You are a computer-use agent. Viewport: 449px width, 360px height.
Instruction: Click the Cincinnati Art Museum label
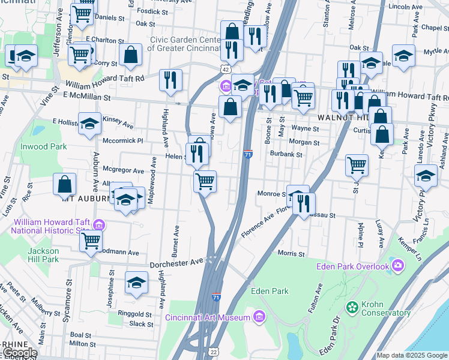coord(208,317)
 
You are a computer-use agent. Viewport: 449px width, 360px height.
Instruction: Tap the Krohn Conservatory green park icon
coord(352,308)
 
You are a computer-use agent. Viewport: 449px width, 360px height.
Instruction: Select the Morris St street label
coord(292,253)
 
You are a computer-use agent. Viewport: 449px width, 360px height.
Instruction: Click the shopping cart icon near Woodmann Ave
coord(91,241)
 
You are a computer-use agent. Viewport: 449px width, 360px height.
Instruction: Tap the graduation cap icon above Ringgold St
coord(136,282)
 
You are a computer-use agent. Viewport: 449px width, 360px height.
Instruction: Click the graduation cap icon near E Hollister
coord(89,124)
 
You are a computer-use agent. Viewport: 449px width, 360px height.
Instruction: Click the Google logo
coord(19,353)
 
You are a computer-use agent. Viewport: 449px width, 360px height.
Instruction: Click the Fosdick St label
coord(148,11)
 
